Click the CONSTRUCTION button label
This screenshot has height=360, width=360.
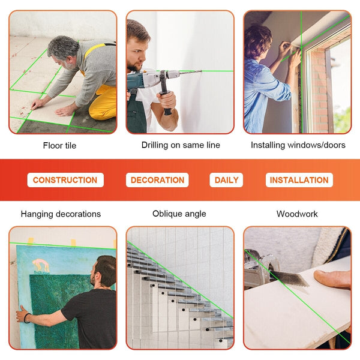(65, 180)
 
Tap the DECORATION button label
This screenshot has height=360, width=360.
(157, 180)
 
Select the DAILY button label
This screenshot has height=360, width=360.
(227, 180)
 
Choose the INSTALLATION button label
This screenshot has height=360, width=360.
(299, 180)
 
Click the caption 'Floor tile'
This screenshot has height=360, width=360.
(59, 145)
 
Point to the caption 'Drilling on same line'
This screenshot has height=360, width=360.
(181, 145)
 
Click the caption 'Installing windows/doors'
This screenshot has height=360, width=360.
(298, 145)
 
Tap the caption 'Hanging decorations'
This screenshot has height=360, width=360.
(61, 214)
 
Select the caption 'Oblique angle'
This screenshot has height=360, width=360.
(179, 214)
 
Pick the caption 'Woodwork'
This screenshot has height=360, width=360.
(297, 214)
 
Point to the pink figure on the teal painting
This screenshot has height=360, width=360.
(41, 265)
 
